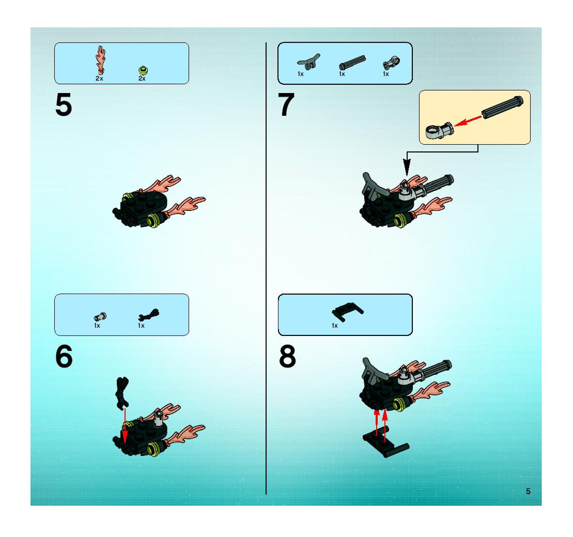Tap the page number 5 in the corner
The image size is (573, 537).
tap(528, 491)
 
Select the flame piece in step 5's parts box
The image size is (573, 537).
tap(100, 59)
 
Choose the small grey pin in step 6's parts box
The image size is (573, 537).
tap(100, 317)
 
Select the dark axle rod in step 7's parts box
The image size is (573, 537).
tap(352, 62)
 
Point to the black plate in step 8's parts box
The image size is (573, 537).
tap(348, 312)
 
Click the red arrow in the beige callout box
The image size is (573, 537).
tap(468, 121)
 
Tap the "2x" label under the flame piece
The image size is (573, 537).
tap(99, 78)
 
